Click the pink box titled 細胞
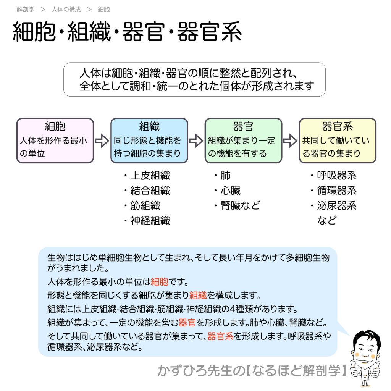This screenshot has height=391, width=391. [55, 141]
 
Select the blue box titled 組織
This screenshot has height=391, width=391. [149, 141]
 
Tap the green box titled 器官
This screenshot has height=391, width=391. [243, 141]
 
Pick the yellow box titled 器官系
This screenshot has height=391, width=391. [337, 141]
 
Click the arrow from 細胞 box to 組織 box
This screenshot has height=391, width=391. [102, 141]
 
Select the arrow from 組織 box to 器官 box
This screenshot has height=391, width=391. [196, 141]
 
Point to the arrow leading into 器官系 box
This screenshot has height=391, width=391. [290, 141]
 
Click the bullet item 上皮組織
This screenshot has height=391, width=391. [150, 176]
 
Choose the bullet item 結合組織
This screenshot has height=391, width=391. [150, 191]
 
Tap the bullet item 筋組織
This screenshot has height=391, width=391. [145, 205]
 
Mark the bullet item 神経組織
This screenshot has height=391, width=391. [150, 220]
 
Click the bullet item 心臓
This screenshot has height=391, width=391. [230, 191]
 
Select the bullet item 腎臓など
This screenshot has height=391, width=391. [240, 205]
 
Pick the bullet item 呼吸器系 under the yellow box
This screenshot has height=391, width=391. [336, 176]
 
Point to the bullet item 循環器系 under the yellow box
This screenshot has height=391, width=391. [336, 191]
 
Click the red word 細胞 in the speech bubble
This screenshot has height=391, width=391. [159, 282]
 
